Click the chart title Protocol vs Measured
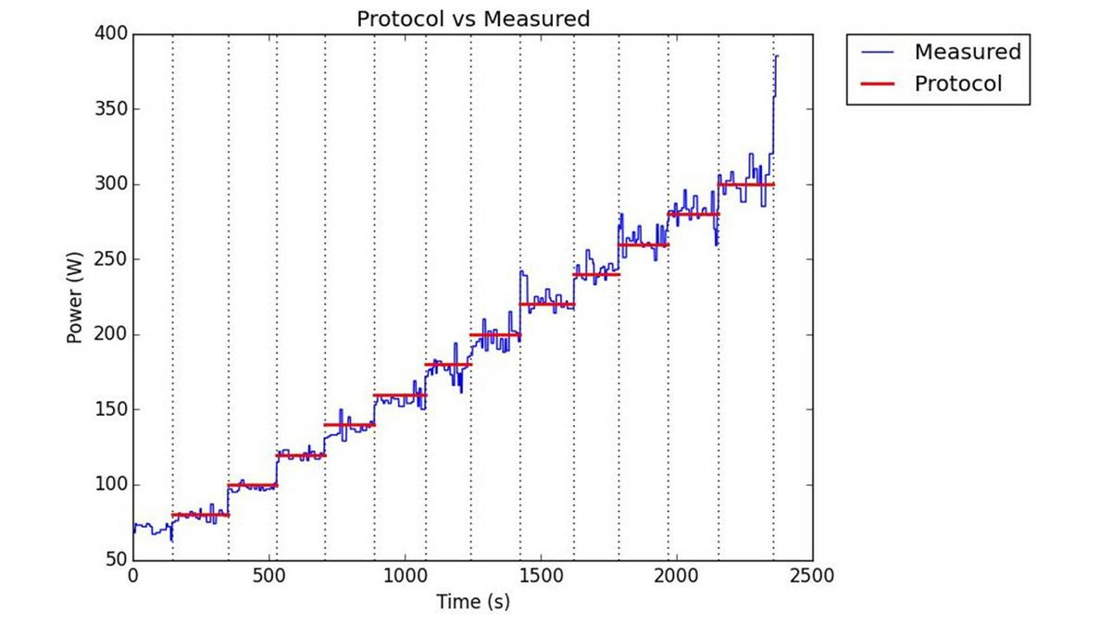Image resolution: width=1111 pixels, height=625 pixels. (473, 19)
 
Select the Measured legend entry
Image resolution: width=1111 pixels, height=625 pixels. (967, 52)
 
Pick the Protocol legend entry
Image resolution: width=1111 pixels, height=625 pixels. (957, 83)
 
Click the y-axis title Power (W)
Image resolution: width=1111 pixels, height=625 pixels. (76, 297)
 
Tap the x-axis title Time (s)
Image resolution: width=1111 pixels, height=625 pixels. (473, 602)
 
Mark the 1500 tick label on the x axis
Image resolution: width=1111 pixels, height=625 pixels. (541, 576)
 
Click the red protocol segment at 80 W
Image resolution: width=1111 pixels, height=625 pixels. (200, 515)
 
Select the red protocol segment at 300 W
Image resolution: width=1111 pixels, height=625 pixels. (746, 185)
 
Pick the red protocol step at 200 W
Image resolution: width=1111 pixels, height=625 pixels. (495, 334)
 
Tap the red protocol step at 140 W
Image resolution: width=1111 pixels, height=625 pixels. (349, 425)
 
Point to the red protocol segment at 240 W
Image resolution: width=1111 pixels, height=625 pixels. (596, 275)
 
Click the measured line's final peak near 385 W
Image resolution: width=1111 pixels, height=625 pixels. (777, 56)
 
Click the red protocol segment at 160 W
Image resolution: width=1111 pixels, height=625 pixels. (400, 395)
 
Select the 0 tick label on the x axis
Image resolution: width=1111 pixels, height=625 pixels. (133, 576)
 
